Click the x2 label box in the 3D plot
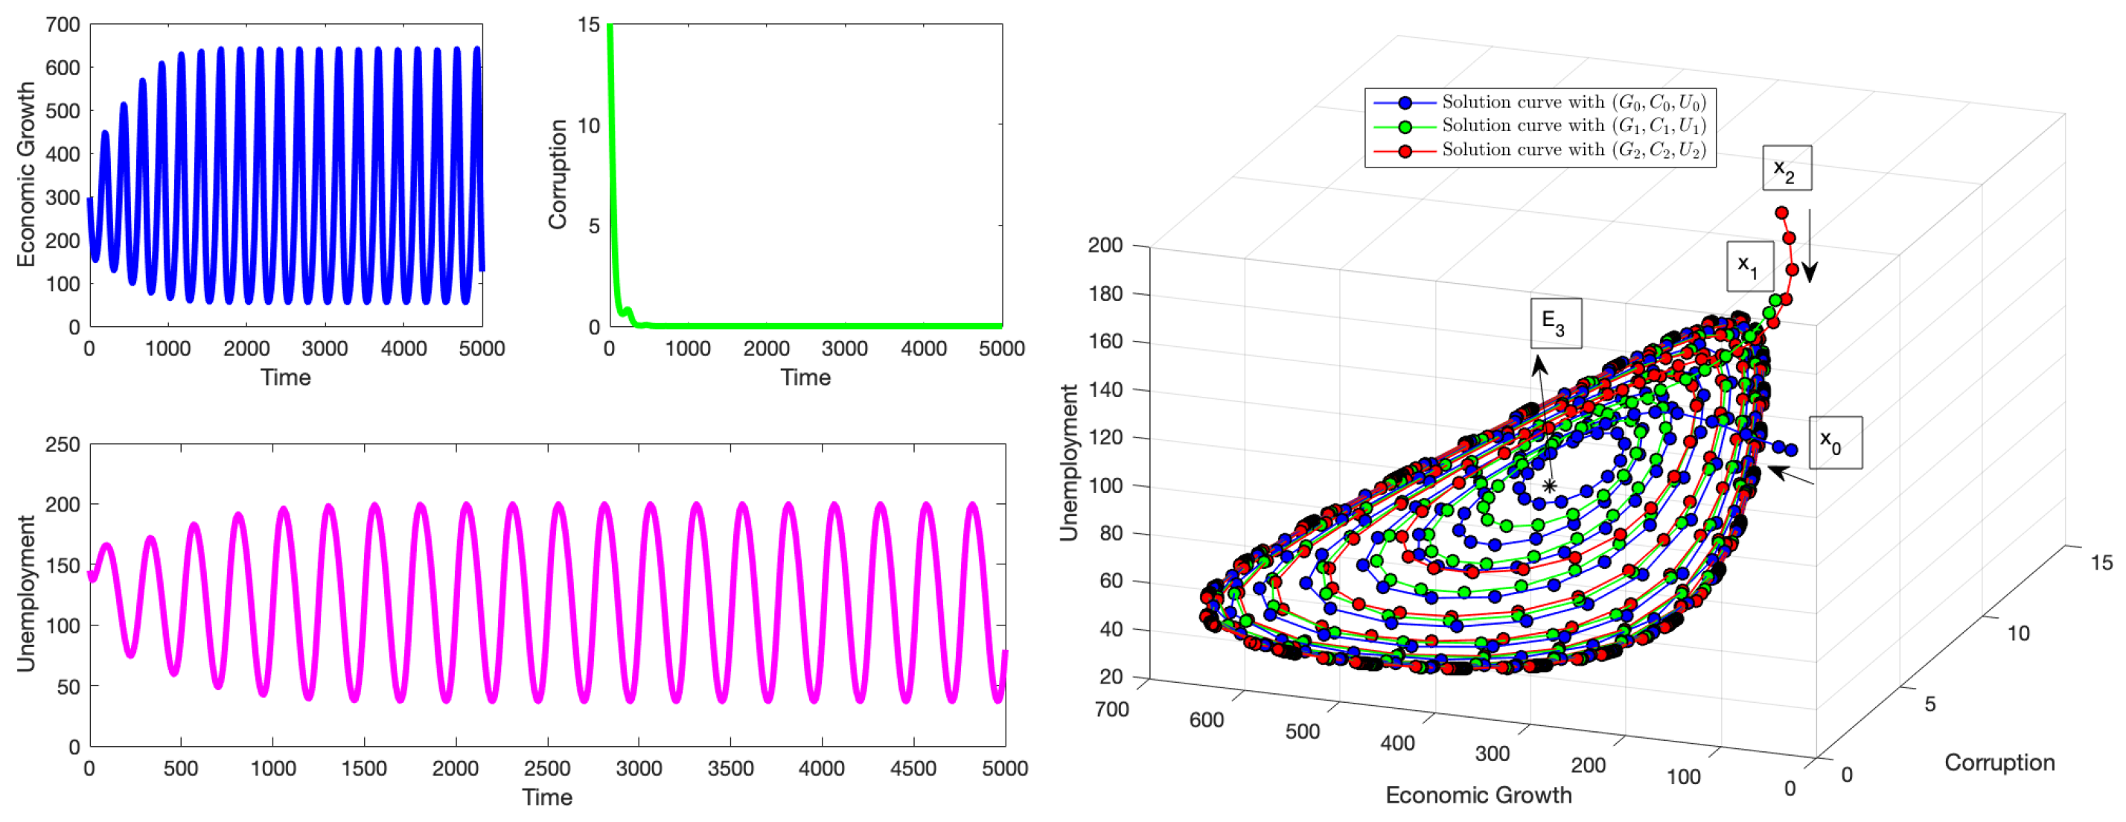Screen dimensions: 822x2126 tap(1786, 168)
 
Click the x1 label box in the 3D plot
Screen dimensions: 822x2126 tap(1749, 266)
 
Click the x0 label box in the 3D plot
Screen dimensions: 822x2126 tap(1835, 443)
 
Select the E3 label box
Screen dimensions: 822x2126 tap(1556, 322)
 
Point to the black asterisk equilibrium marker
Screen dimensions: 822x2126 tap(1549, 486)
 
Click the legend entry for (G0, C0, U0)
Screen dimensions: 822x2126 tap(1539, 102)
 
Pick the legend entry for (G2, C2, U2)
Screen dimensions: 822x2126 tap(1539, 150)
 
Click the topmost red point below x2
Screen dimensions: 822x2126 tap(1781, 213)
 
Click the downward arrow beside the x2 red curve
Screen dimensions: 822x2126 tap(1809, 248)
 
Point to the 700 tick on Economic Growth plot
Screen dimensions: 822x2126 tap(63, 25)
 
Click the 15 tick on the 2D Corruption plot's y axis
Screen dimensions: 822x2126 tap(588, 25)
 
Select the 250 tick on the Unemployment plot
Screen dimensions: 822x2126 tap(63, 445)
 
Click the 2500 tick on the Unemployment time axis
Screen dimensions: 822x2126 tap(547, 768)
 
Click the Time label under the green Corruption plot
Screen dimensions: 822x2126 tap(805, 378)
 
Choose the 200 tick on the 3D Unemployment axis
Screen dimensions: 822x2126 tap(1105, 245)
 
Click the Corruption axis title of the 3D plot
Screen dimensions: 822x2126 tap(1999, 762)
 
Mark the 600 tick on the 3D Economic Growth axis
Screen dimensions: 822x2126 tap(1206, 721)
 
